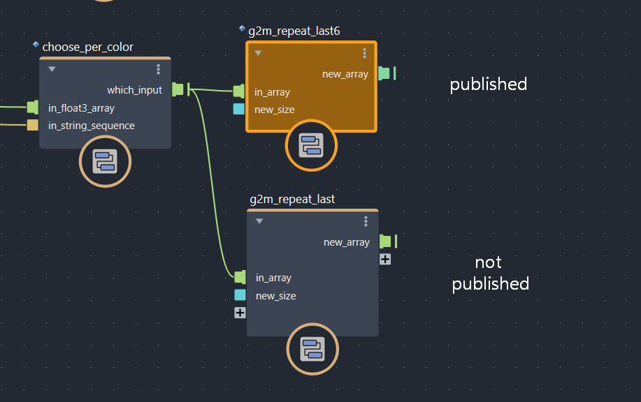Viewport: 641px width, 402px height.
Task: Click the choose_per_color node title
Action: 87,47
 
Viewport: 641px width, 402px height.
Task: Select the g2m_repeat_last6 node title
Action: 294,31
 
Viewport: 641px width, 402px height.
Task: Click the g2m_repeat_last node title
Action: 292,200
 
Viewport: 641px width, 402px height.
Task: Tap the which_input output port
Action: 178,89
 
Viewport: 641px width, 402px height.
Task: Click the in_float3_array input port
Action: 32,107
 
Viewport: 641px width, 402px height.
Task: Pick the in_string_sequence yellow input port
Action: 32,126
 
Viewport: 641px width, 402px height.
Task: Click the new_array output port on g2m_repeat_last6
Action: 384,73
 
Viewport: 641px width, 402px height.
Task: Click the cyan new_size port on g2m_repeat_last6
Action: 239,109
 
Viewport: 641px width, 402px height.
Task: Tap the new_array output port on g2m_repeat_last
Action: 385,241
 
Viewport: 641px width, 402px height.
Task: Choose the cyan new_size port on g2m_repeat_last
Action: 240,295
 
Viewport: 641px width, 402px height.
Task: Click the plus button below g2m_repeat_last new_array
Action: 385,259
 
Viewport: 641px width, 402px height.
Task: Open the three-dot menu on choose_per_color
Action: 159,69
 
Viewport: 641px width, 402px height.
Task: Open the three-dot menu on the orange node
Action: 364,53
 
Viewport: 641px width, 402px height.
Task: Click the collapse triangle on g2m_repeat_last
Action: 259,221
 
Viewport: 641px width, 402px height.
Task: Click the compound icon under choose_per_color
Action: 105,162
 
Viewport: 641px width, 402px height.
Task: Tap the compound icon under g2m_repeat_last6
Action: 311,145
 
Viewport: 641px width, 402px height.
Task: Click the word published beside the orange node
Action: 488,84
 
